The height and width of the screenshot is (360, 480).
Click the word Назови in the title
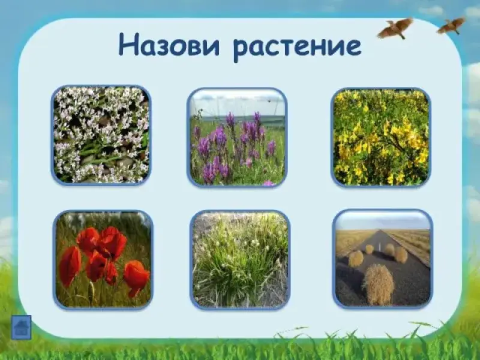click(x=169, y=44)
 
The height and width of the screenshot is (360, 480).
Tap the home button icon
click(x=21, y=327)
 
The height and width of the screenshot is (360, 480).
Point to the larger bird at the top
click(x=395, y=28)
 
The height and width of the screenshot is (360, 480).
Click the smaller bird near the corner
click(x=451, y=26)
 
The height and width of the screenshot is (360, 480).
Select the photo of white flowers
click(x=101, y=135)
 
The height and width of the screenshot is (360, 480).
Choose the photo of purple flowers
click(x=237, y=137)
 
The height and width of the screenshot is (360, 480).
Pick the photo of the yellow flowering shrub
click(x=381, y=137)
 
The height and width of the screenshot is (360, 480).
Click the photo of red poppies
click(x=103, y=260)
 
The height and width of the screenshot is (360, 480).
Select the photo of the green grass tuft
click(x=240, y=260)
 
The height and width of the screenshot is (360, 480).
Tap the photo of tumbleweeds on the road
click(x=383, y=259)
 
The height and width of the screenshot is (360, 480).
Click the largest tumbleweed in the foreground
click(x=379, y=284)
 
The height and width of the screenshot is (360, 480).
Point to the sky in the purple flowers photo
click(x=237, y=103)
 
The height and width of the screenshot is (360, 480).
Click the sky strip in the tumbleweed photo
click(x=383, y=220)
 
